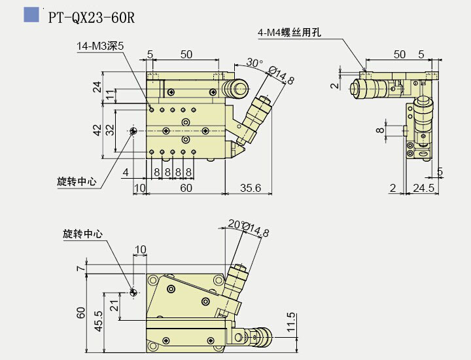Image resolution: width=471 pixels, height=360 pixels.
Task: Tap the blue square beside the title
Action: [31, 15]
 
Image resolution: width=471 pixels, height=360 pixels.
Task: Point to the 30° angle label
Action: [254, 63]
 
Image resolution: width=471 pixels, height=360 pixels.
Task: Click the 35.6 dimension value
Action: [250, 189]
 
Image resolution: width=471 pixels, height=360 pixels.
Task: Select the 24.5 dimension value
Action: [425, 189]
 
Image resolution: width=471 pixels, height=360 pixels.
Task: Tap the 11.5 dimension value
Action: [291, 323]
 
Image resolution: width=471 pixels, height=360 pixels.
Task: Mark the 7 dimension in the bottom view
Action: [79, 268]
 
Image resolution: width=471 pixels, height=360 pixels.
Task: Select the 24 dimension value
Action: [97, 86]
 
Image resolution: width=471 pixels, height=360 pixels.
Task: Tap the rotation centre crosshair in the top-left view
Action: [133, 131]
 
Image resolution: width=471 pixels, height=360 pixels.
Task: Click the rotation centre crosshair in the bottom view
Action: [133, 292]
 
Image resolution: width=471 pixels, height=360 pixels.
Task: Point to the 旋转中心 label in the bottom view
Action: [82, 234]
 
